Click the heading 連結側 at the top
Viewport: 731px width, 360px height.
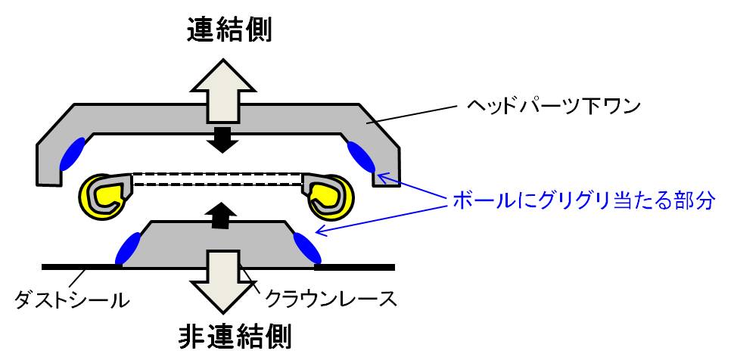click(x=229, y=32)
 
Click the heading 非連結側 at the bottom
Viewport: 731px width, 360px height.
click(x=236, y=337)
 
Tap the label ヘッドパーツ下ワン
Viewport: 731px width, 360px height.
click(x=554, y=107)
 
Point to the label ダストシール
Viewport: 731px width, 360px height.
click(x=71, y=300)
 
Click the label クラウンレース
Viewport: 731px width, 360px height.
click(x=331, y=299)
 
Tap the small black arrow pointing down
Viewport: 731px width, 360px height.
click(x=222, y=139)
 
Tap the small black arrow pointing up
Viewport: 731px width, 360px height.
click(x=222, y=216)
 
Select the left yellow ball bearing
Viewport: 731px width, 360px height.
click(x=104, y=196)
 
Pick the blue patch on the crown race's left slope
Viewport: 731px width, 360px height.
click(x=128, y=248)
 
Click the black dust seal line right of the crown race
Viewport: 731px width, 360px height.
click(x=355, y=267)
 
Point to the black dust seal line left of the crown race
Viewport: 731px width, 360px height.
click(x=82, y=267)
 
